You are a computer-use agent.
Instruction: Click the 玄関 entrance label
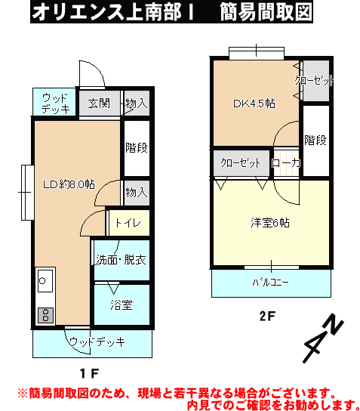(99, 104)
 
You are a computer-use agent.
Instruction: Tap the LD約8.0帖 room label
(69, 184)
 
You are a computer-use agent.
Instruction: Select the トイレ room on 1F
(129, 223)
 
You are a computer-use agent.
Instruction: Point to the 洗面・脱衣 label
(121, 259)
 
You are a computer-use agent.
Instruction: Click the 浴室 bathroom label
(122, 304)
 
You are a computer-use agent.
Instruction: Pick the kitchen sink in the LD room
(45, 281)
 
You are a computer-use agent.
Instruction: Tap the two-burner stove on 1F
(45, 315)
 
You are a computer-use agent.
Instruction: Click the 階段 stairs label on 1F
(137, 147)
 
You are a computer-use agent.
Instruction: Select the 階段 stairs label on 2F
(315, 140)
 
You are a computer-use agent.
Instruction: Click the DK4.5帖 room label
(254, 104)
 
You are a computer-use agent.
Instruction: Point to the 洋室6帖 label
(270, 223)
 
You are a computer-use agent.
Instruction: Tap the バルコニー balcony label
(270, 283)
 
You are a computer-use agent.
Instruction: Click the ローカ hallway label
(286, 163)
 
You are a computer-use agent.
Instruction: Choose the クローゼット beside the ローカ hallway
(242, 162)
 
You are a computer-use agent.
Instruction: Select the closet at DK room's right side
(316, 81)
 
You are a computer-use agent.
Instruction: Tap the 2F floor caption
(267, 316)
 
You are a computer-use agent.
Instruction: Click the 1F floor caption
(89, 373)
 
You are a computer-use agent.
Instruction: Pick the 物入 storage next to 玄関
(137, 103)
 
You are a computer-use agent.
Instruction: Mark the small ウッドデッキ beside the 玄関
(54, 102)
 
